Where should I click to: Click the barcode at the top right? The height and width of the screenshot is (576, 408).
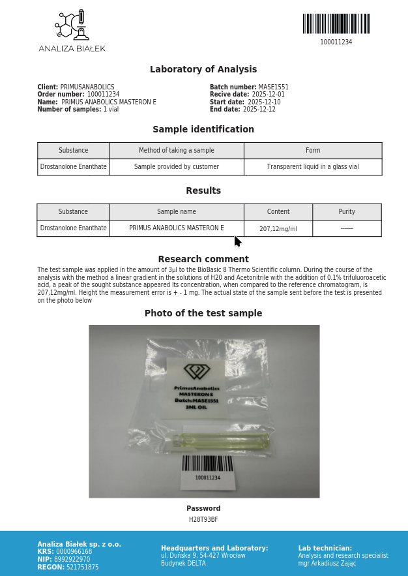[x=336, y=24]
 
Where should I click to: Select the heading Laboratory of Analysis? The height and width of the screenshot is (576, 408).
[x=203, y=70]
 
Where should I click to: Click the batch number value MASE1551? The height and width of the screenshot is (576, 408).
[x=273, y=87]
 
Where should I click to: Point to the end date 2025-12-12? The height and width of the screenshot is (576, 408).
[x=259, y=110]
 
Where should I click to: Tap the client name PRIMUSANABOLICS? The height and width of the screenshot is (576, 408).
[x=87, y=87]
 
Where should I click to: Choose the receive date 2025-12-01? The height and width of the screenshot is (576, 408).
[x=269, y=95]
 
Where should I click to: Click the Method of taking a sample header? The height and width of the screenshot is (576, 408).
[x=177, y=151]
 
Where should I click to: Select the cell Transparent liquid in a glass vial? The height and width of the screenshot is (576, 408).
[x=313, y=167]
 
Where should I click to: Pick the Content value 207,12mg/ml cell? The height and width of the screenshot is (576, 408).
[x=278, y=229]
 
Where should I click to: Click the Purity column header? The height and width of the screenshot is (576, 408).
[x=347, y=212]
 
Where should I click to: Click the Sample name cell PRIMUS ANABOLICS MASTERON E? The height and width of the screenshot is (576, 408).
[x=177, y=228]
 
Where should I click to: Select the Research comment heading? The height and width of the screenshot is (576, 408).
[x=203, y=259]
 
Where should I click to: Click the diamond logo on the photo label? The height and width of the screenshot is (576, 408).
[x=197, y=371]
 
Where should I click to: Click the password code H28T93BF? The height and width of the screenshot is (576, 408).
[x=203, y=520]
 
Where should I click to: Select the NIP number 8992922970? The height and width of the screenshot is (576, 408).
[x=73, y=560]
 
